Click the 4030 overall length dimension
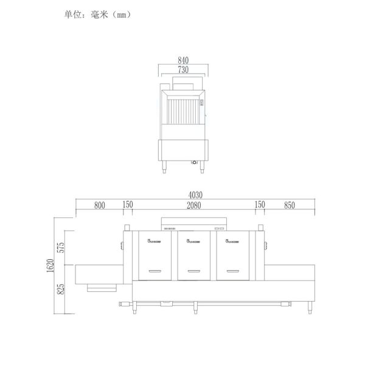pos(194,195)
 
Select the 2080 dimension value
pos(194,206)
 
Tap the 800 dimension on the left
pos(100,206)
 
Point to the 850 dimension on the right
pos(289,206)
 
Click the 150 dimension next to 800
pos(128,206)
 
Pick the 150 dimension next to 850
pos(260,206)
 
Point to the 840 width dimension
pos(184,60)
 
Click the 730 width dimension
pos(184,70)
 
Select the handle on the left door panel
pos(155,271)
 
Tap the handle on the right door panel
pos(234,271)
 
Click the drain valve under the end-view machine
pos(195,162)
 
